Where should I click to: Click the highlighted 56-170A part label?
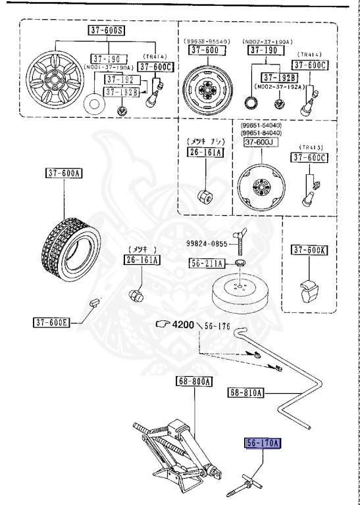tap(263, 443)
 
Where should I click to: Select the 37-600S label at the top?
tap(105, 30)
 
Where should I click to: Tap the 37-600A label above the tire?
tap(64, 174)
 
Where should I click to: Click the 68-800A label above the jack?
tap(193, 381)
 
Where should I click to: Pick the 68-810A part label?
tap(246, 393)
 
